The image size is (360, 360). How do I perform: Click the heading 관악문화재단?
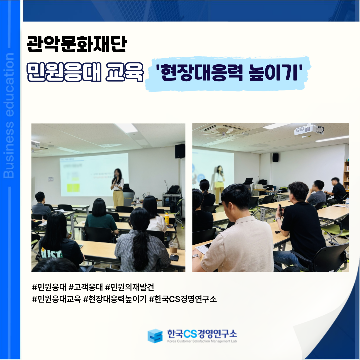77,44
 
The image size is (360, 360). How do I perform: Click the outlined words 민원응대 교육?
85,72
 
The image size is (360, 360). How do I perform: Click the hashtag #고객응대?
85,287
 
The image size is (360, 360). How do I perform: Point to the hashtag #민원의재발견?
129,287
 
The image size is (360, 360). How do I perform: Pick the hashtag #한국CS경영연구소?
183,299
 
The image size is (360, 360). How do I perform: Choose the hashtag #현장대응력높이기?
115,299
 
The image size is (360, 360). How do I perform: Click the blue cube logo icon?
155,336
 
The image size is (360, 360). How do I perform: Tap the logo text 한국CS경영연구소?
202,334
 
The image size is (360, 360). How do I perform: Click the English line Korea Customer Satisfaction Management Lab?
202,341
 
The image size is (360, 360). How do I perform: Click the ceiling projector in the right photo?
309,130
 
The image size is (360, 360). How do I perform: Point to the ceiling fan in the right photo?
223,132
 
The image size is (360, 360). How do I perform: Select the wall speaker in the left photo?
180,151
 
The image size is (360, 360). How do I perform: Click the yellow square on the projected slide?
73,188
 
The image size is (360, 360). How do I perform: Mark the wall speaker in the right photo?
275,157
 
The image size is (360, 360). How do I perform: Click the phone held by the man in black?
280,210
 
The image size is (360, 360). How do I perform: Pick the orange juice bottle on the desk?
167,219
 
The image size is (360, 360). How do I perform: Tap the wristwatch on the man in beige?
196,256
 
